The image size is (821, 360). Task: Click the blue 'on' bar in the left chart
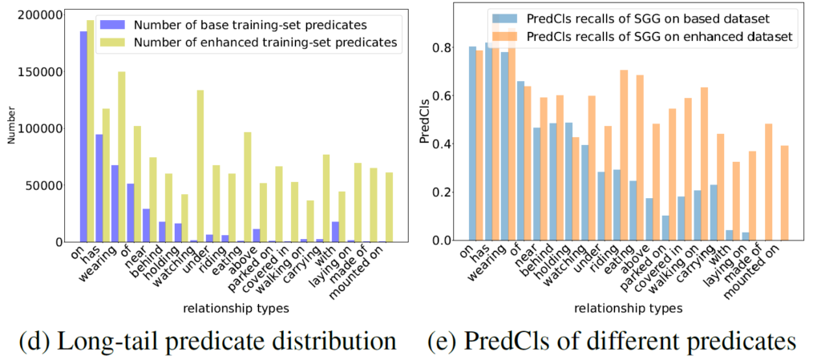pyautogui.click(x=83, y=136)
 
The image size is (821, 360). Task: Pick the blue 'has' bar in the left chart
pyautogui.click(x=99, y=188)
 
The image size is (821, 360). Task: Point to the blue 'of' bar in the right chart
pyautogui.click(x=520, y=160)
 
